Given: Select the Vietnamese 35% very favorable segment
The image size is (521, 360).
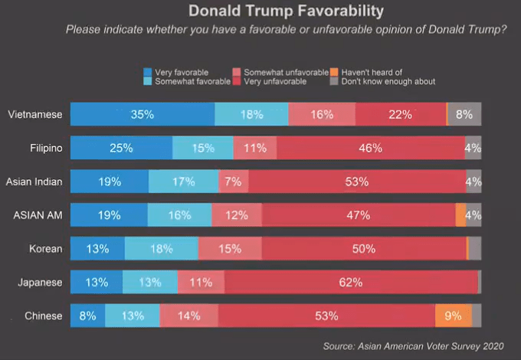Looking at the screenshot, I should pos(143,114).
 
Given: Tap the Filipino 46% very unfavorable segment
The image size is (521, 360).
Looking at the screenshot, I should pos(370,148).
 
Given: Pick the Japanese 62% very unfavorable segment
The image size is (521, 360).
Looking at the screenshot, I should pos(350,282).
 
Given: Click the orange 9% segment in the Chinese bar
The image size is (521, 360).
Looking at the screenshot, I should pos(453,316).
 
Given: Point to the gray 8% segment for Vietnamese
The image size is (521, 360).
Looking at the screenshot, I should pos(464,114).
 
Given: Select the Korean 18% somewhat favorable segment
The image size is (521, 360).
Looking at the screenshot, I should pos(161,248).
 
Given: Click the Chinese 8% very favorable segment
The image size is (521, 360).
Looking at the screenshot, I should pos(87,316).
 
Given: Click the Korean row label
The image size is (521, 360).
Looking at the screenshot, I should pos(46,249).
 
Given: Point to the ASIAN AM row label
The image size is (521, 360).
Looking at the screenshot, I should pos(38,215).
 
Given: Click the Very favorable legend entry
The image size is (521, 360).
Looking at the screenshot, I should pos(181,72).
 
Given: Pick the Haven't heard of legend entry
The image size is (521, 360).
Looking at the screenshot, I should pos(371,72).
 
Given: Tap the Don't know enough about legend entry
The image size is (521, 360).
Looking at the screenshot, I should pos(388,80).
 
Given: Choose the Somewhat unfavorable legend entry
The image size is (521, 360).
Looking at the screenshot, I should pos(286,72).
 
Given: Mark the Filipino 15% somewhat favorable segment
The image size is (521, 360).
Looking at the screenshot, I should pos(202,148).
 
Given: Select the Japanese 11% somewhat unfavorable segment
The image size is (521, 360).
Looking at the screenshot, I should pos(201,282).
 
